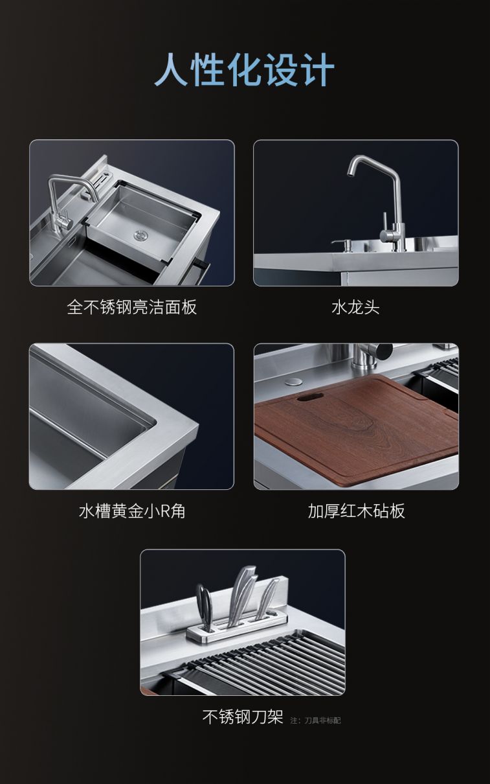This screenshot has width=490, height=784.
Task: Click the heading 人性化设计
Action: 245,69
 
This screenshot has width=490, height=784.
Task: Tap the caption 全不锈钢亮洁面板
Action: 132,307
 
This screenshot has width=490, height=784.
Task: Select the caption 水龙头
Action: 356,307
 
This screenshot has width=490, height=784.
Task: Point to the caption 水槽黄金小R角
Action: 132,511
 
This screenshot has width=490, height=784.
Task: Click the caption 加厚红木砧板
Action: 357,511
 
